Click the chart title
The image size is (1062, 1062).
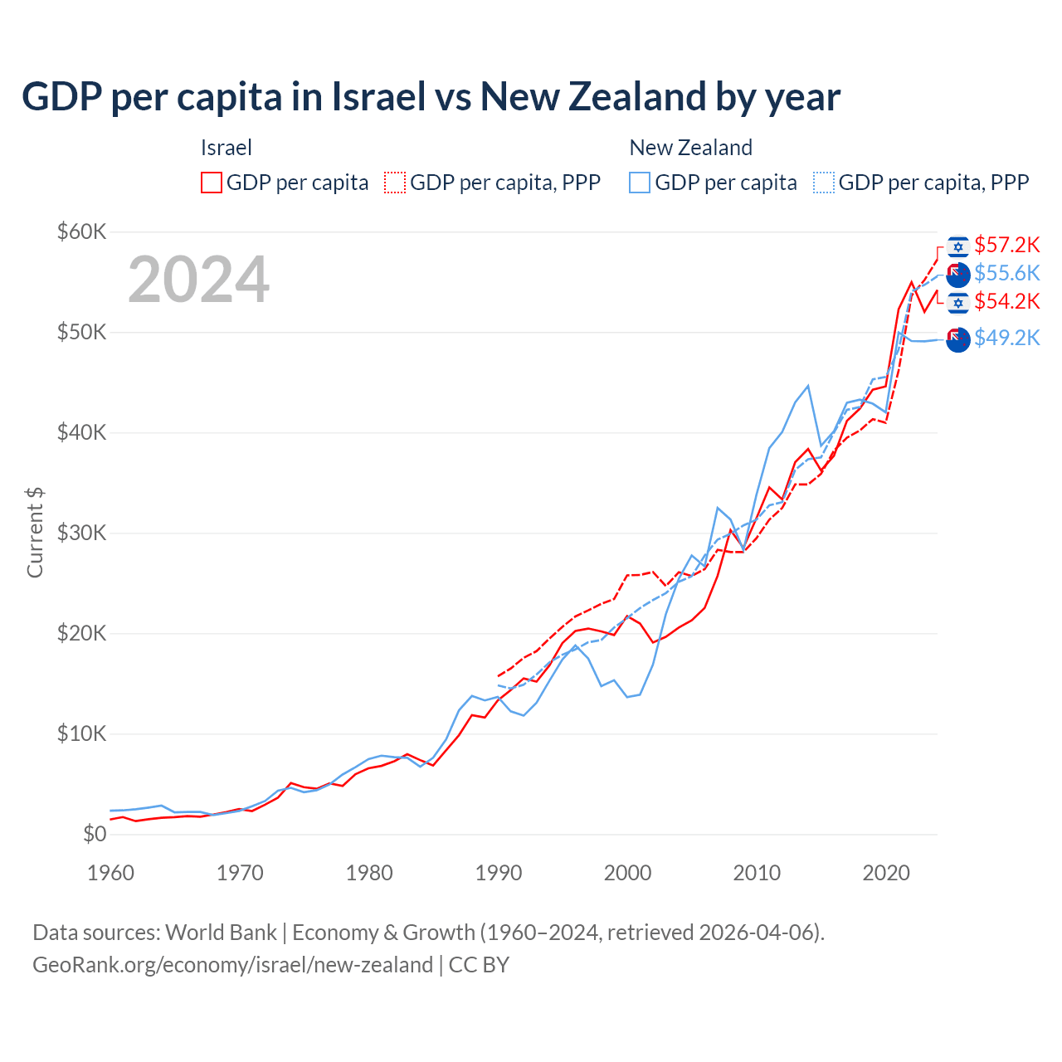pos(431,97)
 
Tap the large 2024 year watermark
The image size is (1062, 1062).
pos(199,280)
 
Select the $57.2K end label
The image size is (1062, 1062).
pos(1006,245)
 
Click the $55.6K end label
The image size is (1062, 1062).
pos(1006,273)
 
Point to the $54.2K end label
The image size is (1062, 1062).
pos(1006,301)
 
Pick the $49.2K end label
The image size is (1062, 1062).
pos(1006,338)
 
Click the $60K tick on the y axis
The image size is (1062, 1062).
pos(82,231)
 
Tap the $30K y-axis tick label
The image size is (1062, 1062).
pos(82,533)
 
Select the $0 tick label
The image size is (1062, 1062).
pos(95,834)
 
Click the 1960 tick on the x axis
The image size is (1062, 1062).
pos(110,873)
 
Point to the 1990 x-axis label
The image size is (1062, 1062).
pos(499,873)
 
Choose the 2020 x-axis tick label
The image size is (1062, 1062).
pos(886,873)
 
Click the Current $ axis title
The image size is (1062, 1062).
pos(35,533)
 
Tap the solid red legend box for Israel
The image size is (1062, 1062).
pos(212,183)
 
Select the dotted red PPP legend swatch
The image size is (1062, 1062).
pos(395,183)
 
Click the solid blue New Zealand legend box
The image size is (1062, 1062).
pos(640,183)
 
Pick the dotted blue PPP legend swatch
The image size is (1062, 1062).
pos(824,183)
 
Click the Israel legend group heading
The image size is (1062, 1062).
pos(226,148)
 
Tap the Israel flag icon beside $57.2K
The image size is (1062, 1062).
pos(958,246)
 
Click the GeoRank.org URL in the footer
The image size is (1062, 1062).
pos(232,965)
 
